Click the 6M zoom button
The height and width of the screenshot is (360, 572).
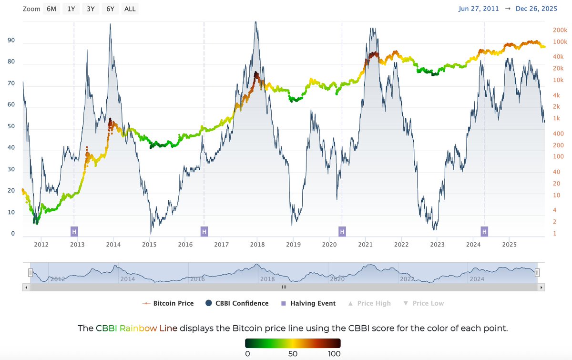coord(51,9)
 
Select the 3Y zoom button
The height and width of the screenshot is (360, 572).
coord(90,9)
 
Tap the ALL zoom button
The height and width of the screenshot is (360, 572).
coord(130,9)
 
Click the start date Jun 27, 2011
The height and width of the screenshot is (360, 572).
coord(478,9)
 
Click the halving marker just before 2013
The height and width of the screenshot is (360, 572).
coord(74,232)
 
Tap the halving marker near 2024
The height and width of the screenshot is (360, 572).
coord(484,232)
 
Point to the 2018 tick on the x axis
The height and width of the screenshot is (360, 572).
coord(257,245)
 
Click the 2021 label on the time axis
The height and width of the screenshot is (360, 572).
coord(366,245)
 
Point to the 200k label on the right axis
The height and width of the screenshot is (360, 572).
coord(560,30)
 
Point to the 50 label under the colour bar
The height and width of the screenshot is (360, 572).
coord(293,354)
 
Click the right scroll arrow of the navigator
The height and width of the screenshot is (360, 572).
coord(541,288)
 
